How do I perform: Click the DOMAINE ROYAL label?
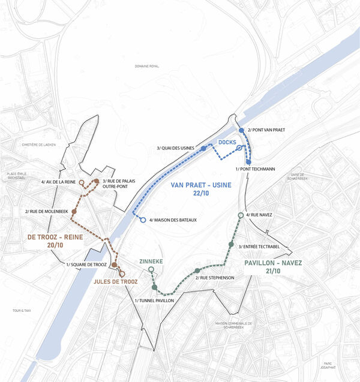click(x=146, y=66)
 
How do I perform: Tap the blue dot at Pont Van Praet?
click(x=241, y=130)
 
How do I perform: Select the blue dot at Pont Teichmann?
click(x=248, y=161)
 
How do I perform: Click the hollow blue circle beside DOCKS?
click(x=239, y=148)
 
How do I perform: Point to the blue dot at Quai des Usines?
click(x=204, y=148)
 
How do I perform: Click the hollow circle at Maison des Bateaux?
click(x=143, y=220)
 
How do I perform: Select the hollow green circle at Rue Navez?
click(x=241, y=215)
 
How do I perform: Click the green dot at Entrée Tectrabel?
click(x=231, y=244)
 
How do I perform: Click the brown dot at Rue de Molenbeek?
click(x=74, y=211)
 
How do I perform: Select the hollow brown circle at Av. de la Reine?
click(x=81, y=181)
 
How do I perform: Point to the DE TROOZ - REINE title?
click(x=55, y=238)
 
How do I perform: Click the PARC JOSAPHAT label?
click(x=343, y=365)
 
